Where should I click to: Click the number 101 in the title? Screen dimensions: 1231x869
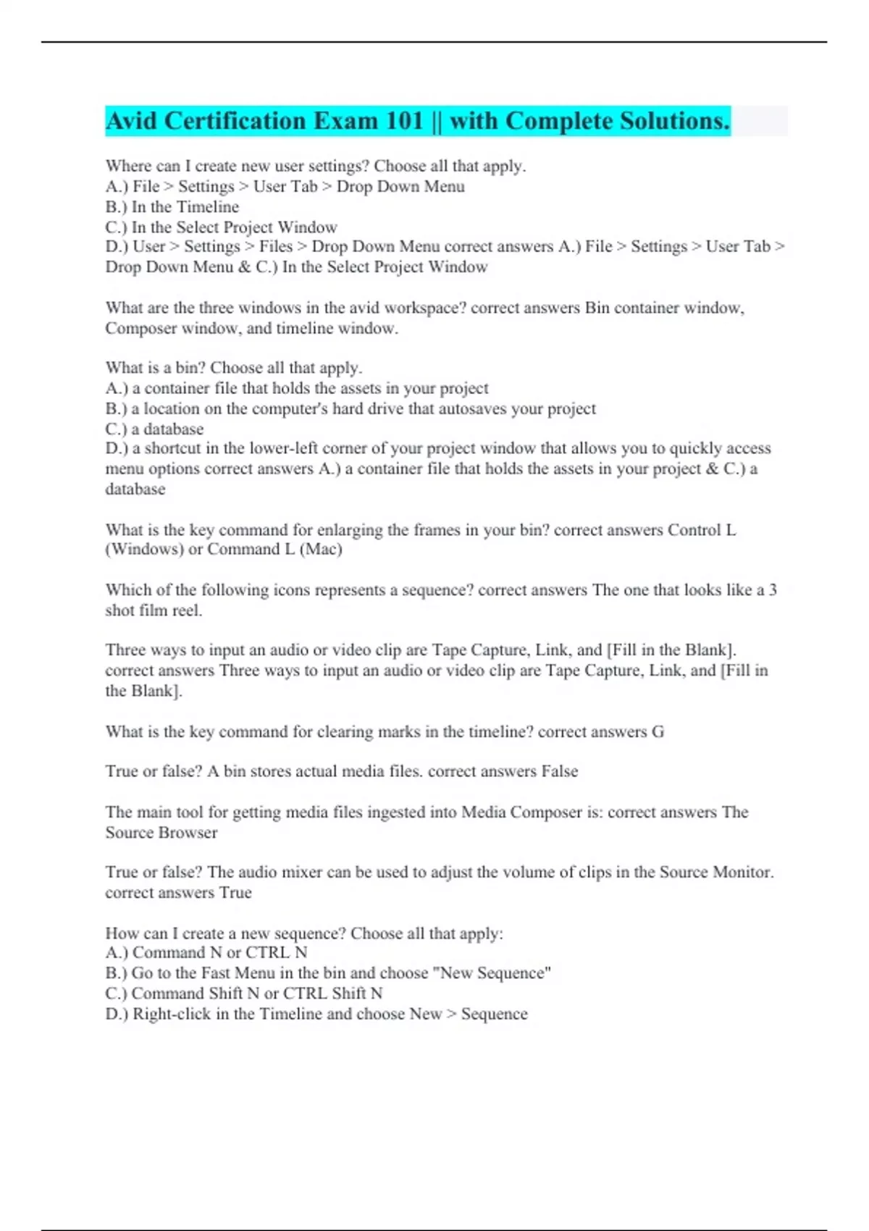[x=404, y=121]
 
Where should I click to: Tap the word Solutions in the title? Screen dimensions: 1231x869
[x=673, y=121]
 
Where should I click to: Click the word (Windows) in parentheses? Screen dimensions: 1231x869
[x=144, y=549]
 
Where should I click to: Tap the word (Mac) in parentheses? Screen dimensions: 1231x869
[x=321, y=549]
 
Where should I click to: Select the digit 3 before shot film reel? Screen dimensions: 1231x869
[x=773, y=589]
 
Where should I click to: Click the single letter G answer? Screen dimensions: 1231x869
[x=658, y=731]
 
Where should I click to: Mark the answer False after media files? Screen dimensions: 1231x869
[x=560, y=771]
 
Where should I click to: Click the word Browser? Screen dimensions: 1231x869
[x=190, y=832]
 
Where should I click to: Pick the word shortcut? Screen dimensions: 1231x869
[x=176, y=448]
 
